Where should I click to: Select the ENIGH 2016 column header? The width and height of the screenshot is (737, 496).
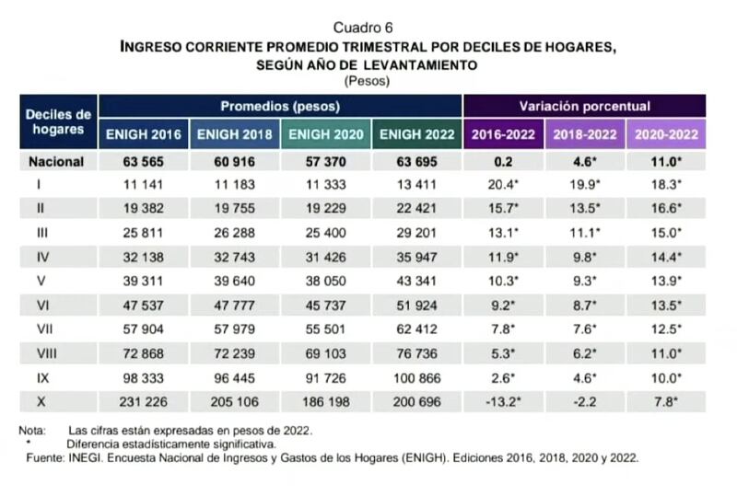(x=143, y=134)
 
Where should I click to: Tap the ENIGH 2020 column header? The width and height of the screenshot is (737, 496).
(x=325, y=134)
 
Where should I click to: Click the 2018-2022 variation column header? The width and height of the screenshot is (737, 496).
(x=584, y=134)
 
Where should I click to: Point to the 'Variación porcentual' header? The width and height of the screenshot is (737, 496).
(x=584, y=106)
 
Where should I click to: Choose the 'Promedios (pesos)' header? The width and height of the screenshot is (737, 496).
(x=279, y=106)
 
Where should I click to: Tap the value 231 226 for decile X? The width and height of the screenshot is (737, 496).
(x=144, y=402)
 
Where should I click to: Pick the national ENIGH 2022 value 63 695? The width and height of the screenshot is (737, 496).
(x=416, y=162)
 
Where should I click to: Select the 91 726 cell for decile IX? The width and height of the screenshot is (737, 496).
(x=325, y=378)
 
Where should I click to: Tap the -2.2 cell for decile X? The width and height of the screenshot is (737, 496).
(x=585, y=402)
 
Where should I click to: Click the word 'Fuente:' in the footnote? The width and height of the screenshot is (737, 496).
(x=41, y=456)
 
